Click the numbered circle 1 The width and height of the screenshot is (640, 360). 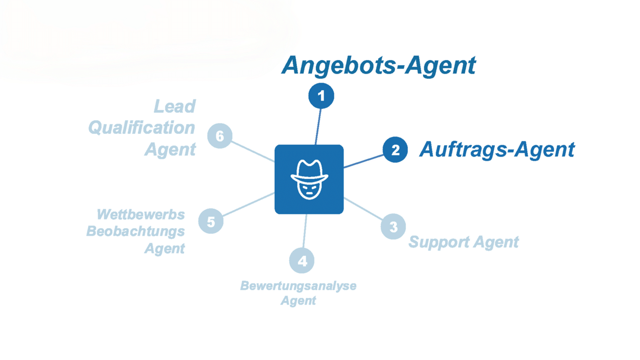pos(321,96)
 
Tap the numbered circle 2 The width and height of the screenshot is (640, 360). pos(395,150)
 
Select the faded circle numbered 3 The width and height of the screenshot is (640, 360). pos(393,227)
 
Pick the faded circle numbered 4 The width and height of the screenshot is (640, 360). pos(302,261)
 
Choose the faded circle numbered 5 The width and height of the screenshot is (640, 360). pos(211,222)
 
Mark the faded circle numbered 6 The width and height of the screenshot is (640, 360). pos(220,136)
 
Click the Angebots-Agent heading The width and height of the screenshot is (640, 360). pos(378,66)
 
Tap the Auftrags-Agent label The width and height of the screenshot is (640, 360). pos(496,150)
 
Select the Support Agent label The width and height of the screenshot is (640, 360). pos(463,242)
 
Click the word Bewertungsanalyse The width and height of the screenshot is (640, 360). pos(298,286)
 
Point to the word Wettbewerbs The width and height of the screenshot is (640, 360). pos(141,214)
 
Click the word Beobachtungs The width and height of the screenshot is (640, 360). pos(135,231)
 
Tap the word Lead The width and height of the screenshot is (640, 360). pos(175,107)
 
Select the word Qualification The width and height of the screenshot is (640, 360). pos(142,128)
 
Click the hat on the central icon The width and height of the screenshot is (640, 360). pos(309,171)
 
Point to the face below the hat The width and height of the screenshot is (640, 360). pos(309,190)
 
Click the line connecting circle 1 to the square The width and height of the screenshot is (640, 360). pos(318,127)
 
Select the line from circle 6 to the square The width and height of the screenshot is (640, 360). pos(253,152)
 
